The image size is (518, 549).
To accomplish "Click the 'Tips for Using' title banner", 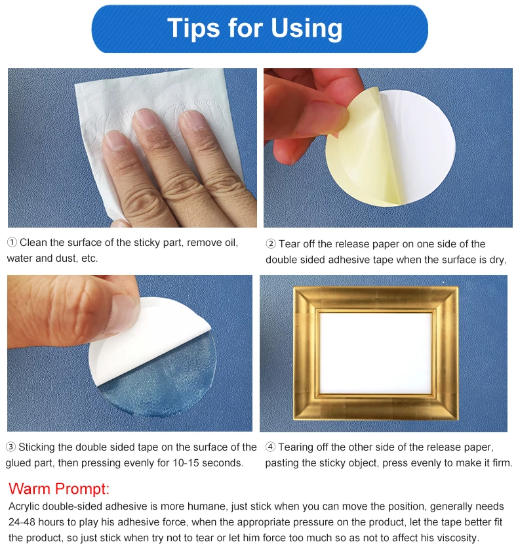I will [259, 29].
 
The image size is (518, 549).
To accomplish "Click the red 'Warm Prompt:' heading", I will [59, 489].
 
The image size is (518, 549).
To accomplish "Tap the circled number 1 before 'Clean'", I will [12, 243].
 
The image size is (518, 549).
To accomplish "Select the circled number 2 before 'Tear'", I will [271, 244].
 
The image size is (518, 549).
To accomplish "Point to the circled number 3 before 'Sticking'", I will [11, 447].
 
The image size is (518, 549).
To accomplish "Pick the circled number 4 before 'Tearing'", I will [271, 447].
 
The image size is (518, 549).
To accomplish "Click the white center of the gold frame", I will [375, 353].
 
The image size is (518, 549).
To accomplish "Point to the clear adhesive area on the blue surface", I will [157, 387].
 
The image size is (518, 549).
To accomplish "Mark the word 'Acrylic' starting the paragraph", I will [25, 506].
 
